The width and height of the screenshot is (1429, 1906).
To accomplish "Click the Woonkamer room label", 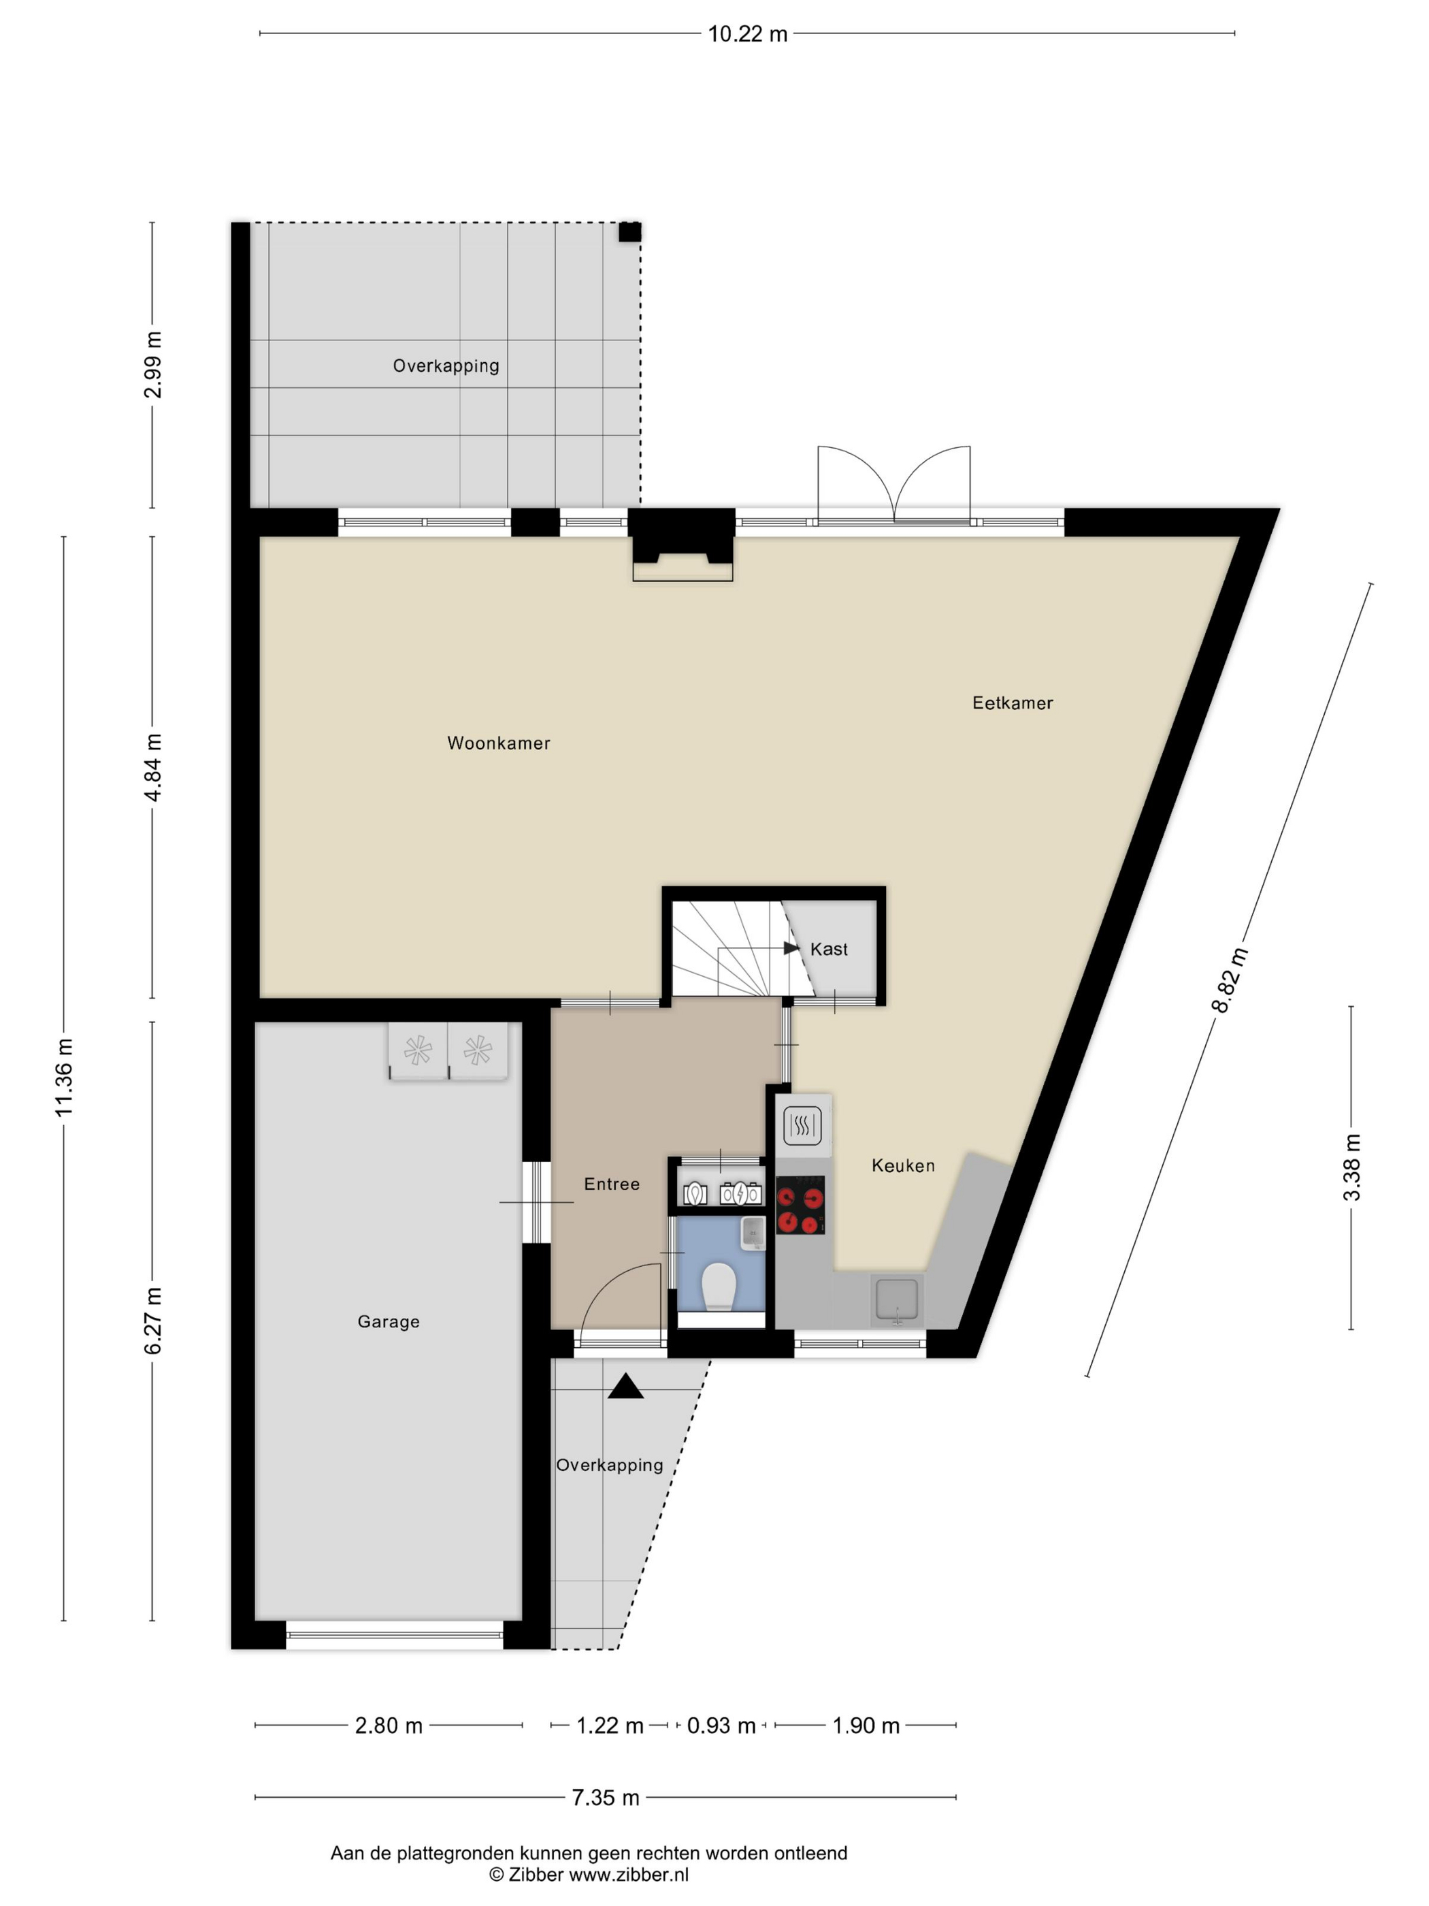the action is pyautogui.click(x=498, y=743).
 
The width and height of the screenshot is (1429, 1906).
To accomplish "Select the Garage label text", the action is pyautogui.click(x=389, y=1322).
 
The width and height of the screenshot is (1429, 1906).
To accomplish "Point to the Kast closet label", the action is pyautogui.click(x=829, y=949).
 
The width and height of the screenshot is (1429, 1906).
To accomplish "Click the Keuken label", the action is pyautogui.click(x=903, y=1166).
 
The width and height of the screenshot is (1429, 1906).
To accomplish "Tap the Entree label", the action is pyautogui.click(x=612, y=1184).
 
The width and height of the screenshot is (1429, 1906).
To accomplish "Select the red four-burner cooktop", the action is pyautogui.click(x=800, y=1205).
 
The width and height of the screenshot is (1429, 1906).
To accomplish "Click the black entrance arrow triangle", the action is pyautogui.click(x=626, y=1387).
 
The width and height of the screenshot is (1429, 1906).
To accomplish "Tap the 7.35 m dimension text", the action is pyautogui.click(x=606, y=1798).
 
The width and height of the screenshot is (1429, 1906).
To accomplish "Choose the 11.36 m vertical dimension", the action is pyautogui.click(x=65, y=1078).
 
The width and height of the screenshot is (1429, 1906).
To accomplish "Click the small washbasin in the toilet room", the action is pyautogui.click(x=753, y=1233).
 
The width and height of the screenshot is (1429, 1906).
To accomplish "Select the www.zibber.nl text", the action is pyautogui.click(x=629, y=1874).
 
